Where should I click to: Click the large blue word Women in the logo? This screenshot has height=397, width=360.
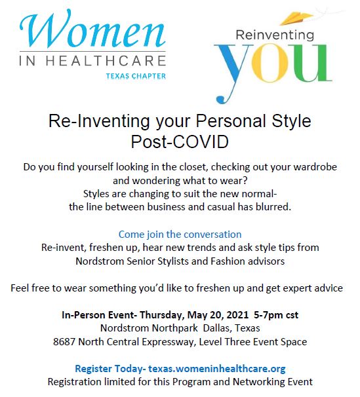(92, 29)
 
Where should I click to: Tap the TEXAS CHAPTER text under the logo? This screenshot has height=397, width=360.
(136, 76)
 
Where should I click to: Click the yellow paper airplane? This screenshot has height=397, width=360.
(296, 19)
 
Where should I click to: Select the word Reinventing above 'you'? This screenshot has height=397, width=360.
(275, 35)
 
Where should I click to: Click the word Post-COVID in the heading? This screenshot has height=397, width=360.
(180, 142)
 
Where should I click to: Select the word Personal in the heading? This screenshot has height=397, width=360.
(231, 121)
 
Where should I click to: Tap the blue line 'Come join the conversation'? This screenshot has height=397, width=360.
(180, 235)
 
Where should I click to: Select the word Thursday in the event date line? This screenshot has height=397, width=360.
(162, 315)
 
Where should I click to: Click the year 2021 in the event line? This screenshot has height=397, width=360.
(237, 315)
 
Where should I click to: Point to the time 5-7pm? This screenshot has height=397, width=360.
(268, 315)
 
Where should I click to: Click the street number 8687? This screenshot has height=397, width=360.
(64, 342)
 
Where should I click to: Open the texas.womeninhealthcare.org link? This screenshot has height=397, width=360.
(217, 369)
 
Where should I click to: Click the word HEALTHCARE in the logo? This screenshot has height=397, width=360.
(106, 61)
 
